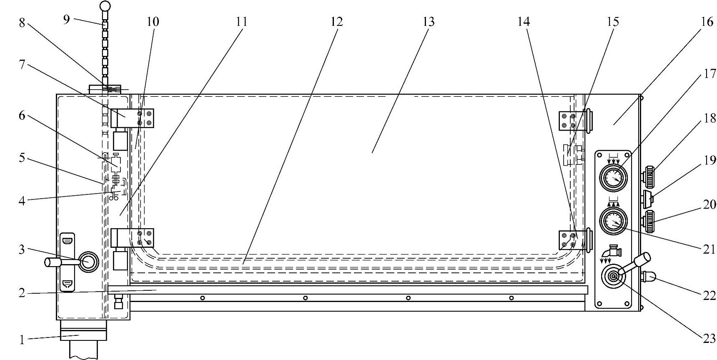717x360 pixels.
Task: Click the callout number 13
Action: click(x=429, y=22)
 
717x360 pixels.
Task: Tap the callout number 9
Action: click(x=67, y=19)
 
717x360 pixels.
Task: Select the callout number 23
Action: click(x=709, y=339)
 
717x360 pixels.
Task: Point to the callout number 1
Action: click(x=22, y=340)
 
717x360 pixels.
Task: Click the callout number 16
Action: click(x=707, y=22)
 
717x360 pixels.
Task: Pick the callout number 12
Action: click(x=337, y=22)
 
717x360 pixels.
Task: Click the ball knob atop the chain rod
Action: click(x=105, y=6)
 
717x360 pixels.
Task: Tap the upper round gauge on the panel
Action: click(x=613, y=177)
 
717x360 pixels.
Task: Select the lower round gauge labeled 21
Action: click(x=613, y=220)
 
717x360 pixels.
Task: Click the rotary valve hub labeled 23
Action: click(x=613, y=277)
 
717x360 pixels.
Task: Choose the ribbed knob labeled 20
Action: click(x=649, y=221)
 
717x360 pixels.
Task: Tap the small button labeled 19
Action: click(x=647, y=199)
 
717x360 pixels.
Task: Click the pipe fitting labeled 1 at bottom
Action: click(x=83, y=330)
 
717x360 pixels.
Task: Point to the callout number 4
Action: click(x=22, y=201)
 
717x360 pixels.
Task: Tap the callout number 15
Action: click(x=613, y=22)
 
